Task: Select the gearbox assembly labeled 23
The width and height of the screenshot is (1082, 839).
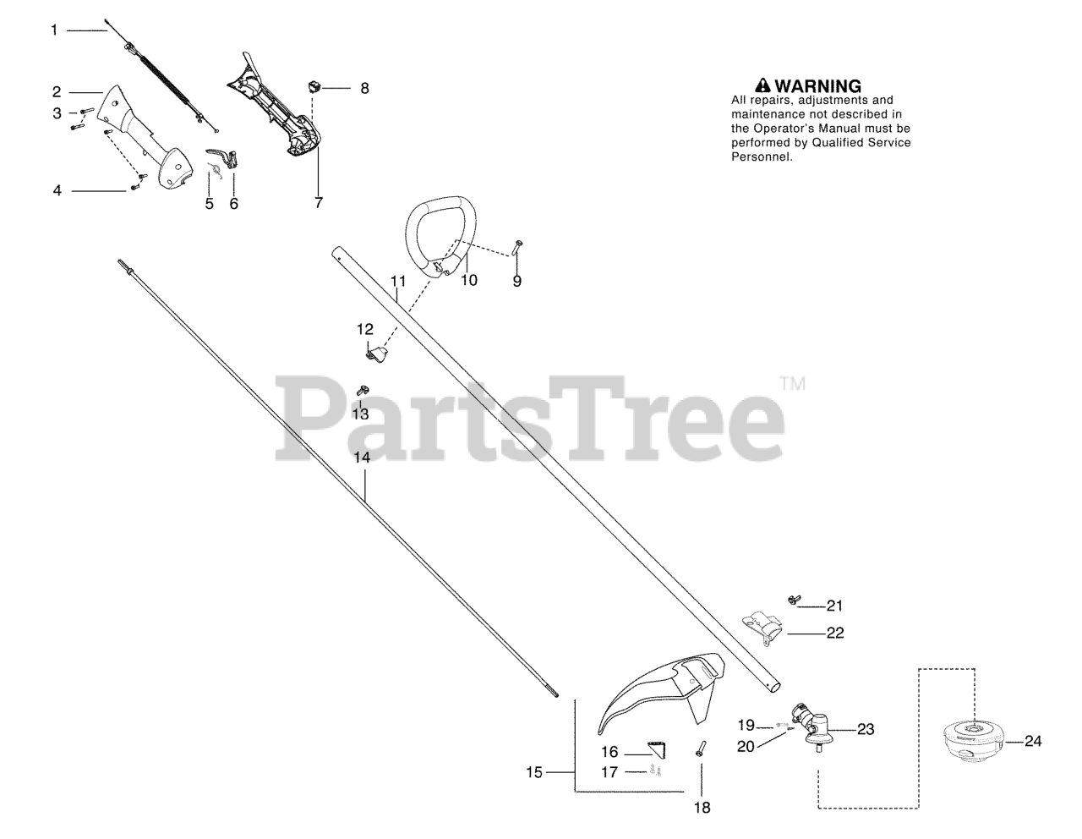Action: (x=811, y=725)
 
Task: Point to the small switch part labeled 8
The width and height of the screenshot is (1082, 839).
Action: (x=314, y=85)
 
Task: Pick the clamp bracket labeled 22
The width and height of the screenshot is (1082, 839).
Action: (x=762, y=627)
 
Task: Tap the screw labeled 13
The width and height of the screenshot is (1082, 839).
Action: (x=363, y=390)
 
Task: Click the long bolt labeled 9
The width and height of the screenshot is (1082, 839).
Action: (x=516, y=251)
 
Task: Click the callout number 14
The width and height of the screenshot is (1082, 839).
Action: (x=362, y=458)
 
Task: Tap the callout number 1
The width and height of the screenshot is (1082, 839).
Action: (x=54, y=30)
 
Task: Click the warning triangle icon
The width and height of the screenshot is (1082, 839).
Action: (x=763, y=85)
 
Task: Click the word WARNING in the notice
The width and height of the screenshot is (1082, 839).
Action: (x=817, y=85)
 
